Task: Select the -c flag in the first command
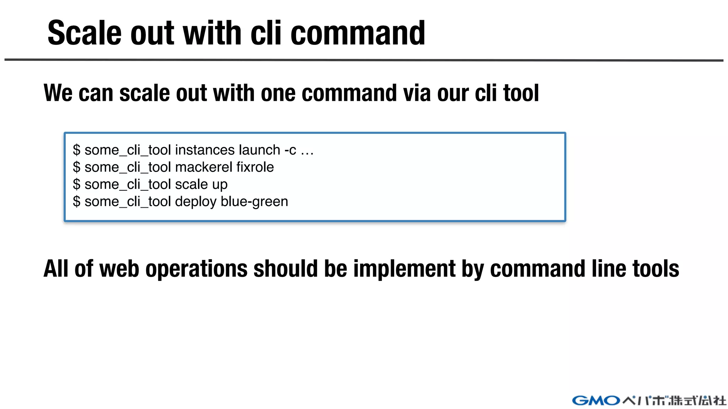tap(290, 151)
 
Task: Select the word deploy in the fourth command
tap(196, 202)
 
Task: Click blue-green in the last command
tap(254, 202)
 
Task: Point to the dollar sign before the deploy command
tap(76, 202)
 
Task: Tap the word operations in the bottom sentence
tap(197, 269)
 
